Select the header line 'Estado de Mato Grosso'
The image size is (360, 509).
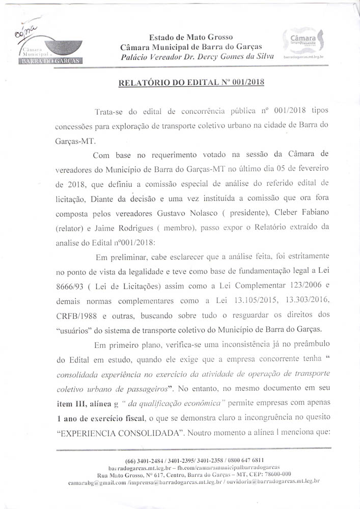tap(190, 37)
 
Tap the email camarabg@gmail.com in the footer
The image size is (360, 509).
tap(95, 481)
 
